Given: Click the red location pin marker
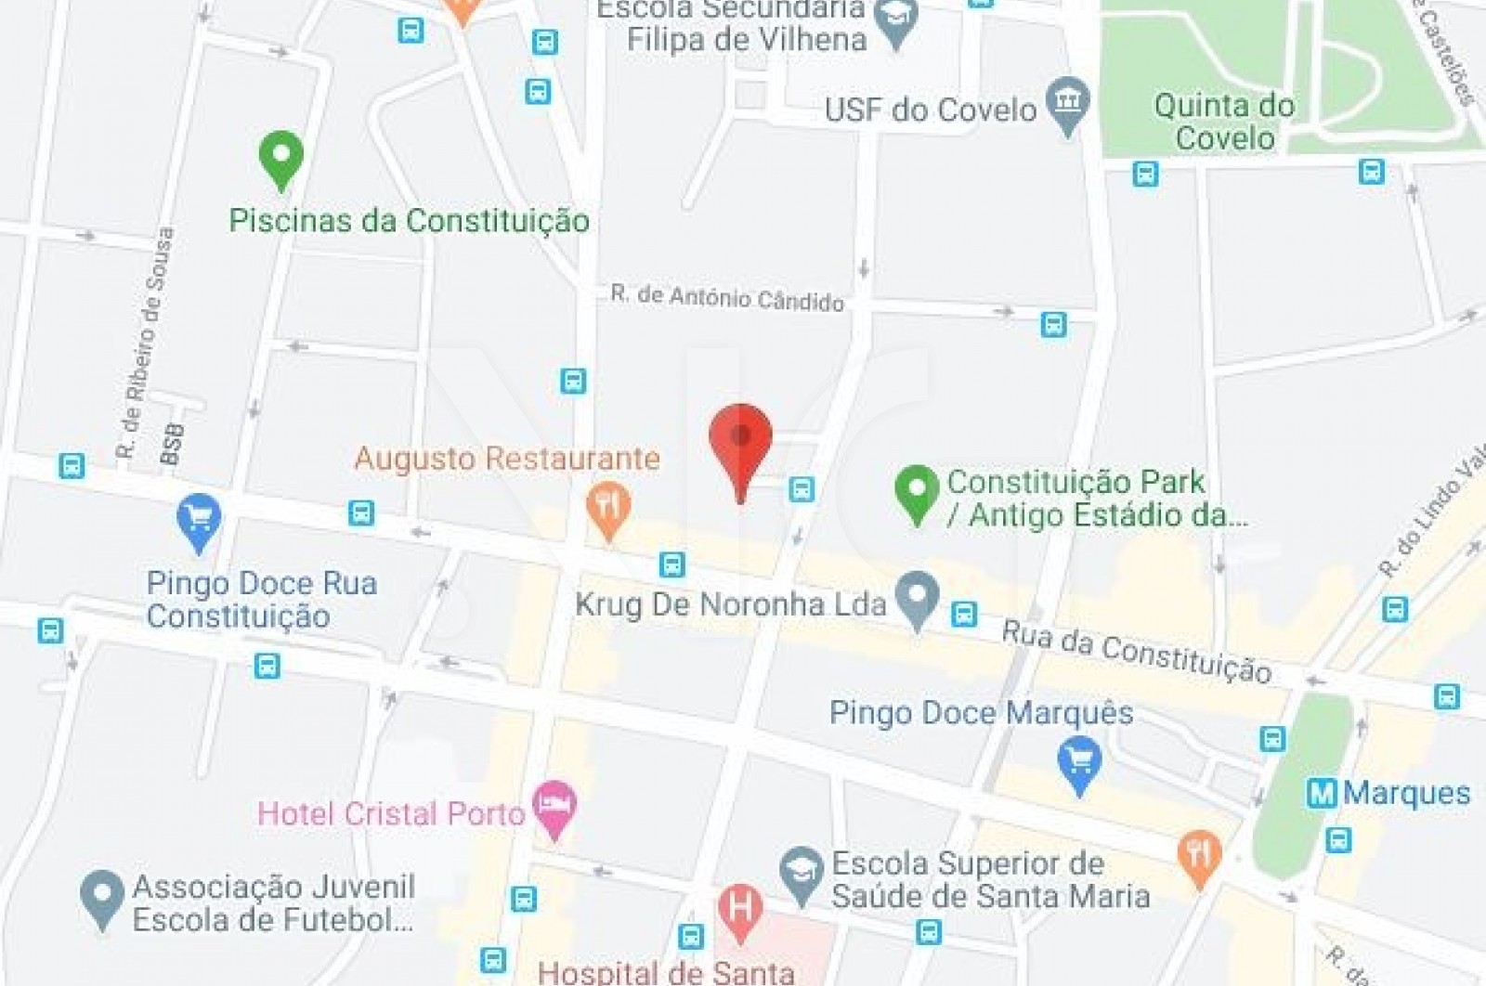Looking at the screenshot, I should tap(740, 438).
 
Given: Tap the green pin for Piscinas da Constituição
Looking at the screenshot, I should tap(280, 157).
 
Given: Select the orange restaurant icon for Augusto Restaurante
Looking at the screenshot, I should tap(608, 509).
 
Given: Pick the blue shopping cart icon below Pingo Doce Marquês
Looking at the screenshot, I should tap(1079, 762).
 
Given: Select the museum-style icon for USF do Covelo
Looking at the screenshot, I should tap(1068, 103).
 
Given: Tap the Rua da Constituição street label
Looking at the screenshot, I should tap(1136, 652).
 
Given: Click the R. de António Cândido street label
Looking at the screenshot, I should tap(727, 298).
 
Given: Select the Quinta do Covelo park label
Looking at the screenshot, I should tap(1224, 122).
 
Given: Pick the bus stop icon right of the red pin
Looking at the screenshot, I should tap(802, 488).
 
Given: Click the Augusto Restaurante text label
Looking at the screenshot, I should tap(507, 459).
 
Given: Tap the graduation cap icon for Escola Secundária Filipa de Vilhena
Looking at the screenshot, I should tap(897, 22).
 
